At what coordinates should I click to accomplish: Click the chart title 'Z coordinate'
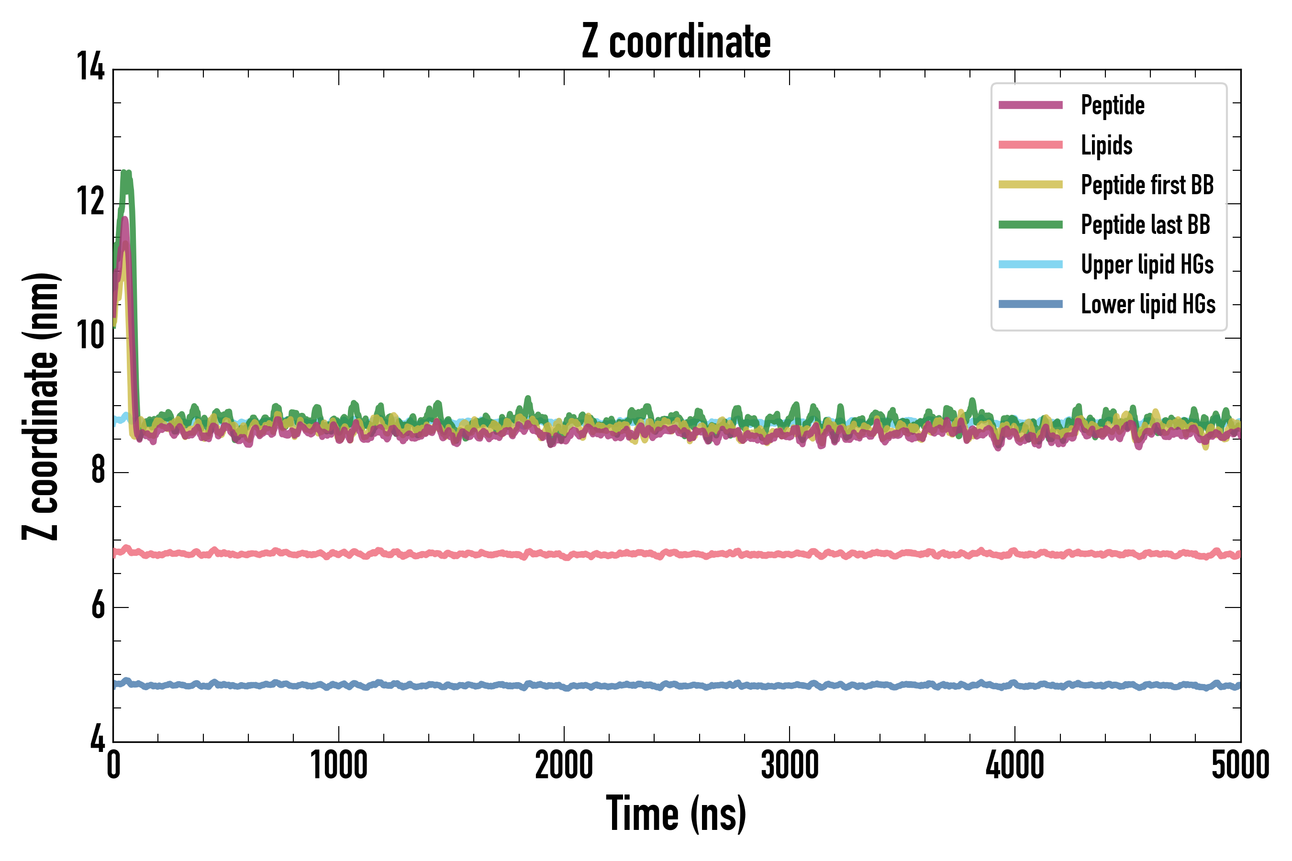[x=676, y=41]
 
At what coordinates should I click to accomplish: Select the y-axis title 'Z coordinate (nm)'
[x=41, y=406]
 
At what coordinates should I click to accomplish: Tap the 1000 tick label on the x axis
[x=339, y=765]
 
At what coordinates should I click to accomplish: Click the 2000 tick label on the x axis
[x=564, y=765]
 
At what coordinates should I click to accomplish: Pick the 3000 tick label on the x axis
[x=790, y=765]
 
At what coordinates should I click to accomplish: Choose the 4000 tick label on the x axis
[x=1014, y=765]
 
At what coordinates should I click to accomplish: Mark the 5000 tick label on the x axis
[x=1240, y=765]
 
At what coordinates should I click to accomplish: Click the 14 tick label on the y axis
[x=90, y=67]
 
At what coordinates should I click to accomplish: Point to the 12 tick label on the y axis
[x=90, y=201]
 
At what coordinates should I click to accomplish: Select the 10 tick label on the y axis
[x=90, y=336]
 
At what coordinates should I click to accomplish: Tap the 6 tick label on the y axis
[x=98, y=606]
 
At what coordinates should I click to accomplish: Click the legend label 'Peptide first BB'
[x=1147, y=185]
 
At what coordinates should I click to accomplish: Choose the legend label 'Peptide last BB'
[x=1145, y=225]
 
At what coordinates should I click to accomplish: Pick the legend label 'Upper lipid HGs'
[x=1147, y=265]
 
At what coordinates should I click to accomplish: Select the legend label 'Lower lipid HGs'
[x=1148, y=304]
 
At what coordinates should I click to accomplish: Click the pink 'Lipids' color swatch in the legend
[x=1031, y=145]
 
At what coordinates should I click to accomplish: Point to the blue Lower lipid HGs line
[x=677, y=685]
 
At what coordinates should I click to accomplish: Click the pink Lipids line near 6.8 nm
[x=677, y=554]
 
